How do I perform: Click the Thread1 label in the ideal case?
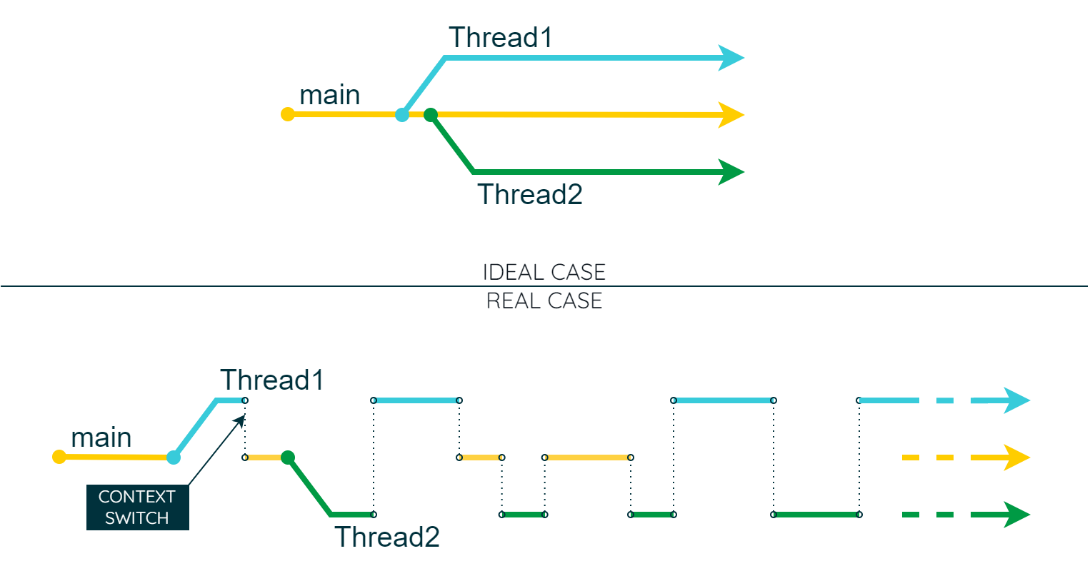tap(500, 37)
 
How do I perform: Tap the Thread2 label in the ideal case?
tap(529, 194)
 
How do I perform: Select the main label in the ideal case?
tap(329, 95)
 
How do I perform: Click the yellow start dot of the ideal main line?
tap(288, 114)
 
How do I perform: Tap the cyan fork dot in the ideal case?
tap(402, 114)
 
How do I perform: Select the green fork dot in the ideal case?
tap(431, 114)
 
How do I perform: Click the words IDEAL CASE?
tap(544, 272)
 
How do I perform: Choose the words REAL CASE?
tap(544, 300)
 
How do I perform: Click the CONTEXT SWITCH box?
tap(137, 507)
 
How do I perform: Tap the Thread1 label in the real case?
tap(271, 380)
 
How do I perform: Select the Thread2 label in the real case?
tap(386, 537)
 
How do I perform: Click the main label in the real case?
tap(101, 438)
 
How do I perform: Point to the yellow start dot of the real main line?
tap(59, 457)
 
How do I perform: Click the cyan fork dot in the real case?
tap(174, 458)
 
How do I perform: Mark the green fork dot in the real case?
tap(288, 458)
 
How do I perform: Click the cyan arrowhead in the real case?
tap(1016, 400)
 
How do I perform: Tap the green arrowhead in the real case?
tap(1016, 515)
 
